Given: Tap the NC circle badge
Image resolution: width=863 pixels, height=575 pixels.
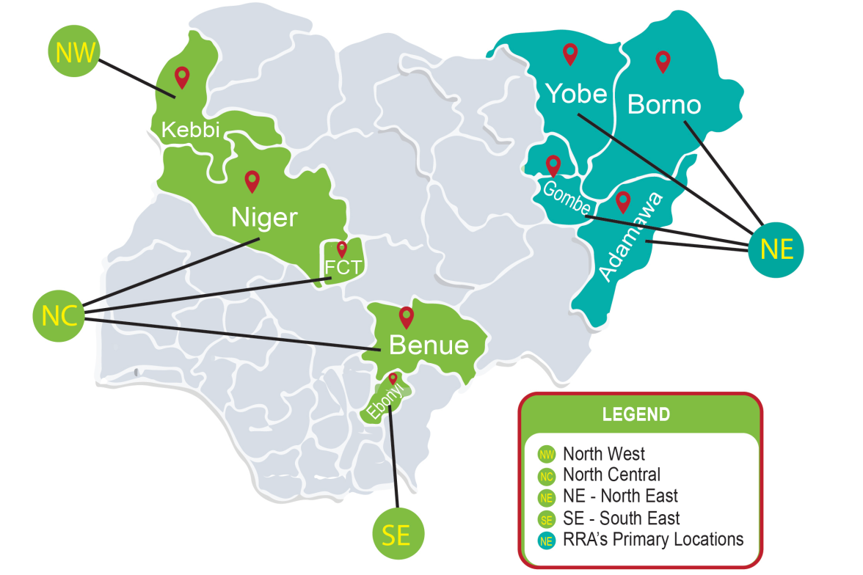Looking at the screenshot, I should (59, 315).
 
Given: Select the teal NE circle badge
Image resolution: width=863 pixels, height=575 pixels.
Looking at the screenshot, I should (776, 249).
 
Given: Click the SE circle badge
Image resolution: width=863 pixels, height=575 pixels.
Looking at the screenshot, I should (397, 535).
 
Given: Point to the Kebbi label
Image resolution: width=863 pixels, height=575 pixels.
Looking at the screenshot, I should (191, 131).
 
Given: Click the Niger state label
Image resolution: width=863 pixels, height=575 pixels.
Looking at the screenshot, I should (264, 218).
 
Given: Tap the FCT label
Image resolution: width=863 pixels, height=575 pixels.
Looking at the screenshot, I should (343, 267).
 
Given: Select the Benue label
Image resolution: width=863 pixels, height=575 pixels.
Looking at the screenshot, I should (429, 345).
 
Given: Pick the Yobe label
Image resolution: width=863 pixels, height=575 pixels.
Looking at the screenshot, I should (576, 94).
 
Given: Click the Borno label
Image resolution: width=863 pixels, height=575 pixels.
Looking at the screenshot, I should (664, 105).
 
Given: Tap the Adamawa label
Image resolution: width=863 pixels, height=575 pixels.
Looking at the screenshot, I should (630, 237).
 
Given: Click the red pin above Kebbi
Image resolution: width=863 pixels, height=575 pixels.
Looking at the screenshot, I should (182, 76).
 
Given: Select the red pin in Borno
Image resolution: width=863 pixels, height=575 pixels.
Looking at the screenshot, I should (663, 62).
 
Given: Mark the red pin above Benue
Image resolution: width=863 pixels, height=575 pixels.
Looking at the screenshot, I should (406, 317).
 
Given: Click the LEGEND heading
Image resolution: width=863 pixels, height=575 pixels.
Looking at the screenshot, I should (636, 414).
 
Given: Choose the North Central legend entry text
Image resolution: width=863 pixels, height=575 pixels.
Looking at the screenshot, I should (611, 475).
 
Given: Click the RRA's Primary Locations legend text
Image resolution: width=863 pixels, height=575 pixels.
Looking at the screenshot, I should (653, 540).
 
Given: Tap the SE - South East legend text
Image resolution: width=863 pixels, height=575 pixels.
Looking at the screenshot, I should (621, 519).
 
